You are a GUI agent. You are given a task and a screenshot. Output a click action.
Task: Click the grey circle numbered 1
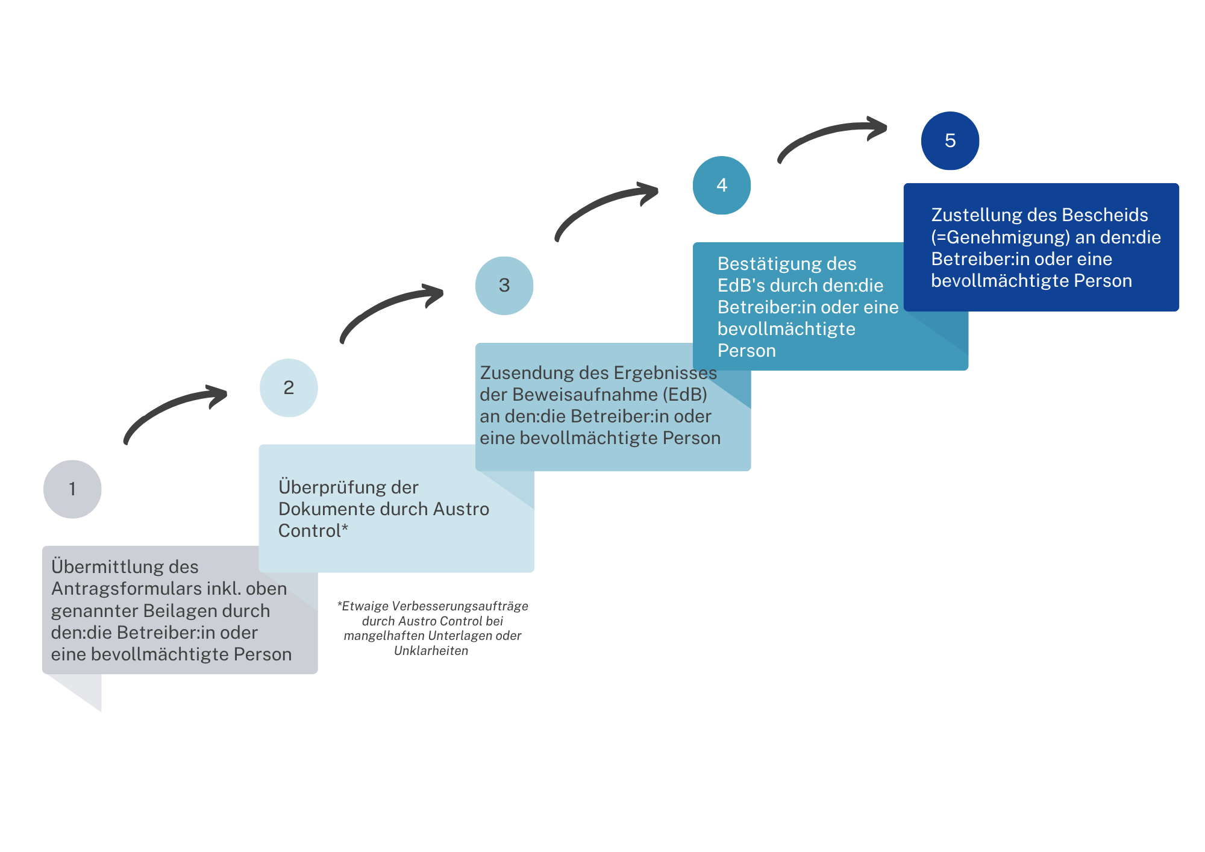pyautogui.click(x=72, y=489)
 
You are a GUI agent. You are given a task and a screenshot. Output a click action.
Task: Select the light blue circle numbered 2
pyautogui.click(x=289, y=388)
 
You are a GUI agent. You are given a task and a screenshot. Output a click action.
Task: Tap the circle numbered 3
pyautogui.click(x=504, y=286)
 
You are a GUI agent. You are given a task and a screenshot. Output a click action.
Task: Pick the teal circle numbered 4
pyautogui.click(x=722, y=185)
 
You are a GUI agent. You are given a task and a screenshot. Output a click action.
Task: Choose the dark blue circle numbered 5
pyautogui.click(x=950, y=140)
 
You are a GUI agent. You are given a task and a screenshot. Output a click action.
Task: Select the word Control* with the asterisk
pyautogui.click(x=313, y=531)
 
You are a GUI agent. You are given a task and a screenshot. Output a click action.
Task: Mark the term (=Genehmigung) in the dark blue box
pyautogui.click(x=1001, y=237)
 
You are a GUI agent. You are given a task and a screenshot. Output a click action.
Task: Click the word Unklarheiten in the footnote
pyautogui.click(x=431, y=651)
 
